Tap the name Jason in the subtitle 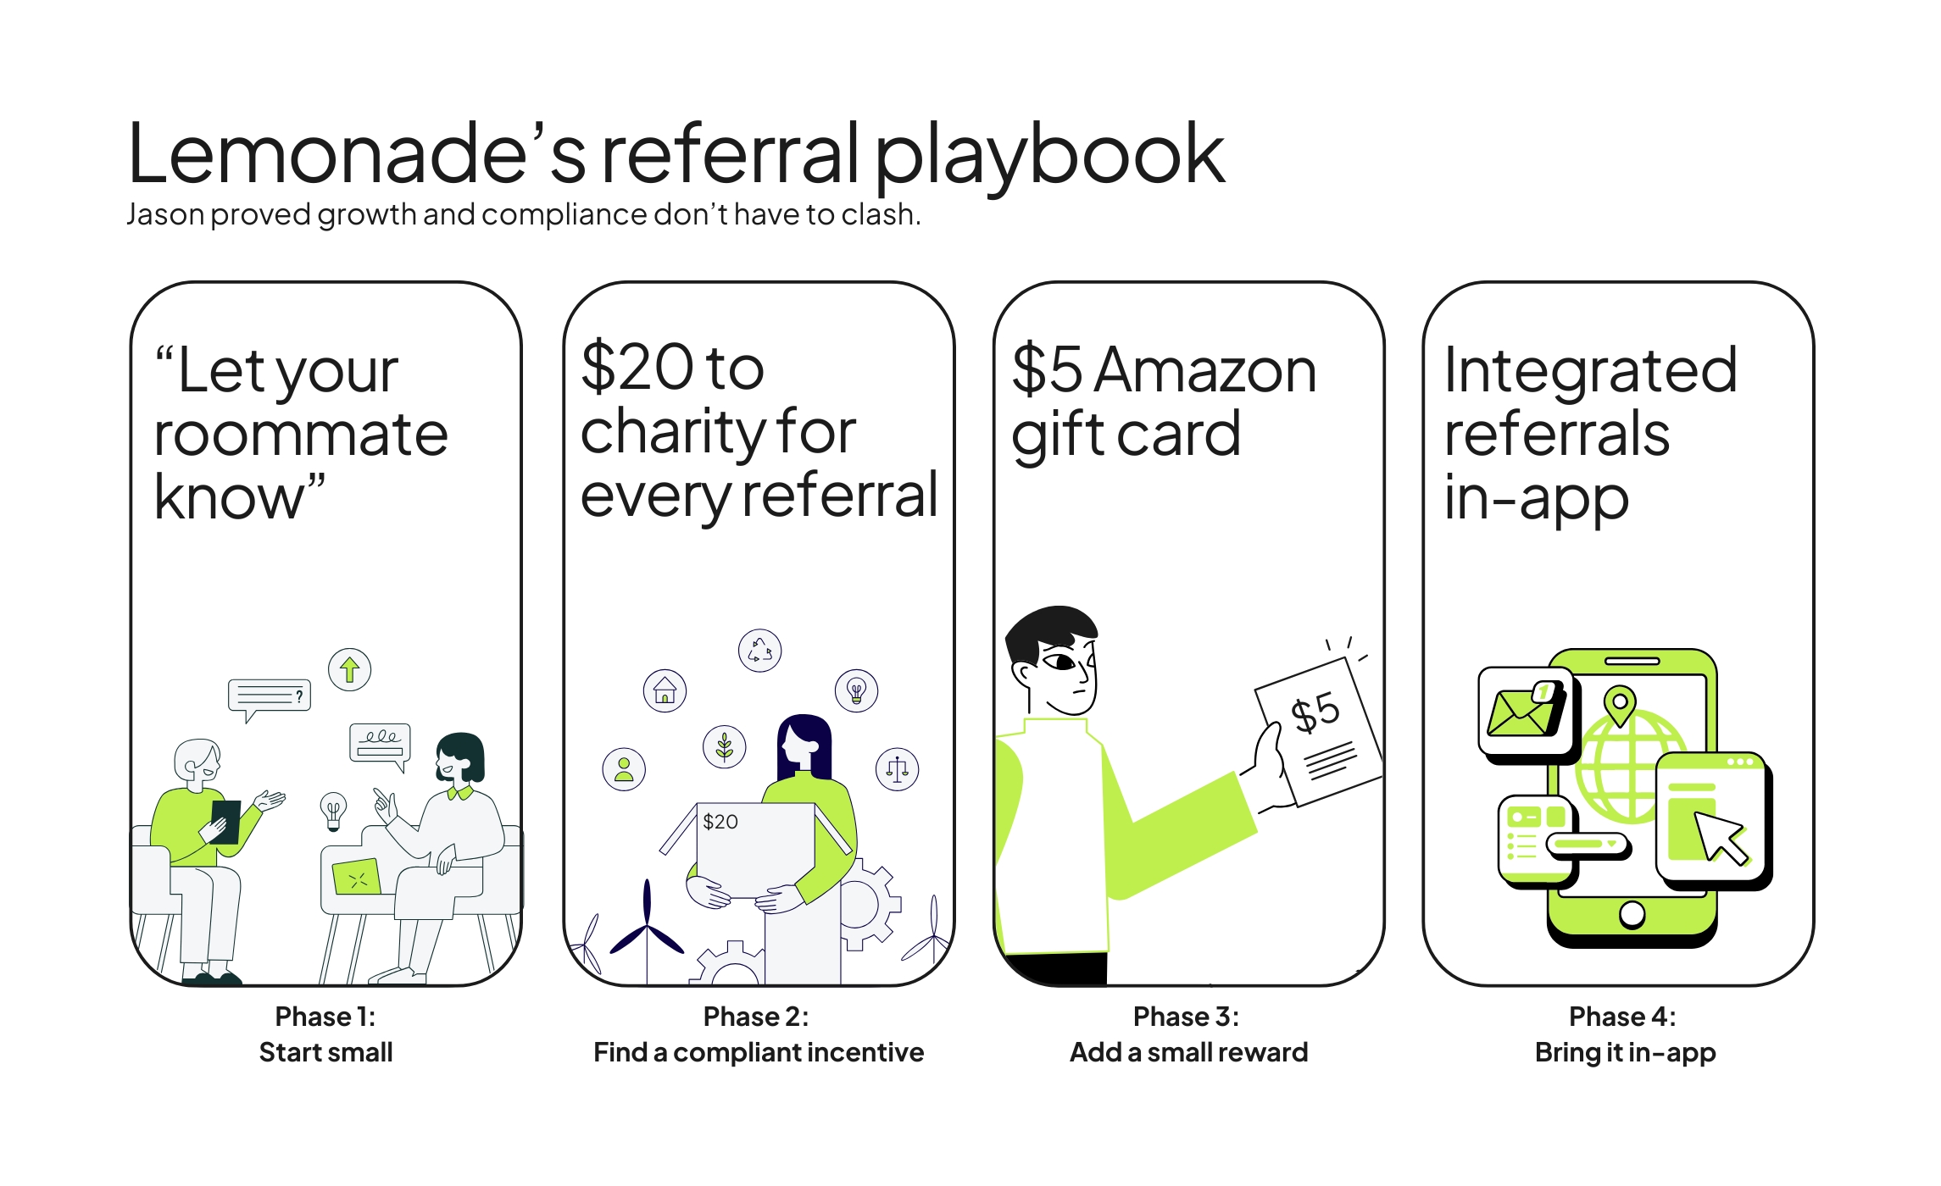pyautogui.click(x=165, y=214)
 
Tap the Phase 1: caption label pyautogui.click(x=325, y=1016)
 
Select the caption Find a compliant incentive pyautogui.click(x=758, y=1052)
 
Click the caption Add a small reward pyautogui.click(x=1188, y=1052)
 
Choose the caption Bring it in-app pyautogui.click(x=1625, y=1052)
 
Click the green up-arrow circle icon pyautogui.click(x=349, y=670)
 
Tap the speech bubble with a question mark pyautogui.click(x=269, y=697)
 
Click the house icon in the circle pyautogui.click(x=665, y=690)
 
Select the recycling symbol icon pyautogui.click(x=759, y=651)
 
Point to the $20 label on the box pyautogui.click(x=720, y=822)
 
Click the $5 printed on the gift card pyautogui.click(x=1315, y=712)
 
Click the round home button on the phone pyautogui.click(x=1632, y=915)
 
